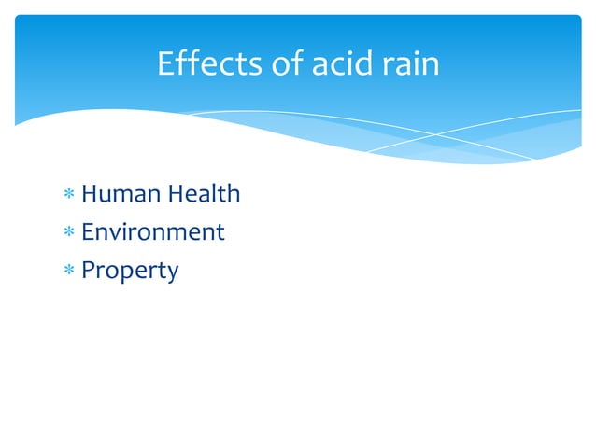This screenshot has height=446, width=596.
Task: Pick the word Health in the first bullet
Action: [x=205, y=194]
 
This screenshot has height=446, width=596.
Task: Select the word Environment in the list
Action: [x=153, y=231]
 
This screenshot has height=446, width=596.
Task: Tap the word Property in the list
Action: [x=130, y=271]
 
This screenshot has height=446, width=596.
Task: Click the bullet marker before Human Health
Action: [x=68, y=195]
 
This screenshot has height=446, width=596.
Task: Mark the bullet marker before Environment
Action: [x=68, y=232]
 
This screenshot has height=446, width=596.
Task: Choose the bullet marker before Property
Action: [x=68, y=272]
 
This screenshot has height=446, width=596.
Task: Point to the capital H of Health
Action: [x=177, y=194]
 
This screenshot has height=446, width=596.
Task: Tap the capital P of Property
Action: [x=89, y=271]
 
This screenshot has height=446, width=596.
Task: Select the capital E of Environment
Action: [x=88, y=231]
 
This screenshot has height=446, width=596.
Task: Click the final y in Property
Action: [x=172, y=274]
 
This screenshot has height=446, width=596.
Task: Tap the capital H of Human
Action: [x=91, y=194]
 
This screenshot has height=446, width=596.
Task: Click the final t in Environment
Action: [x=220, y=232]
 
